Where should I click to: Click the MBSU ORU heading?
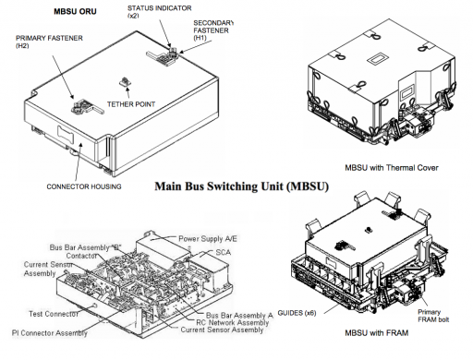tap(75, 11)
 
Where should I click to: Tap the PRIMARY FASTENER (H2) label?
tap(49, 42)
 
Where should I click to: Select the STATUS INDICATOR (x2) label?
tap(159, 12)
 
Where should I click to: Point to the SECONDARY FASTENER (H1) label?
tap(213, 30)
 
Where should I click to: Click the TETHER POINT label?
tap(131, 104)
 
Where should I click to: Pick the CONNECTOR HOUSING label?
tap(84, 186)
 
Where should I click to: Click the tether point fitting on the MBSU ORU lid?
tap(125, 82)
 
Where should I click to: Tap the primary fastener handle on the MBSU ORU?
tap(87, 107)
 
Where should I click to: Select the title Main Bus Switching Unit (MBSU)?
tap(241, 186)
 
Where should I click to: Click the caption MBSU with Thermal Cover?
tap(392, 168)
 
